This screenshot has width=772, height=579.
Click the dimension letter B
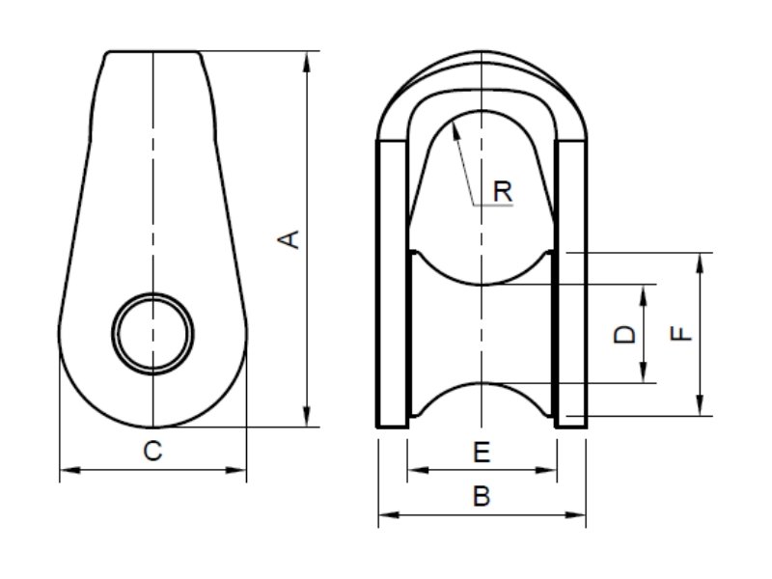[x=482, y=497]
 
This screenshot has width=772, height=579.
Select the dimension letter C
[x=152, y=450]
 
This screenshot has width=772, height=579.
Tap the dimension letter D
[x=625, y=334]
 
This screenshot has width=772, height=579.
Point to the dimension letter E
[x=482, y=451]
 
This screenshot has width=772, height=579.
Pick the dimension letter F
[x=680, y=334]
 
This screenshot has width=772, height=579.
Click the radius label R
[x=502, y=191]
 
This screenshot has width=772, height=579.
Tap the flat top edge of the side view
[x=154, y=51]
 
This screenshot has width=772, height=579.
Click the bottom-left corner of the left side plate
[x=377, y=426]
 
